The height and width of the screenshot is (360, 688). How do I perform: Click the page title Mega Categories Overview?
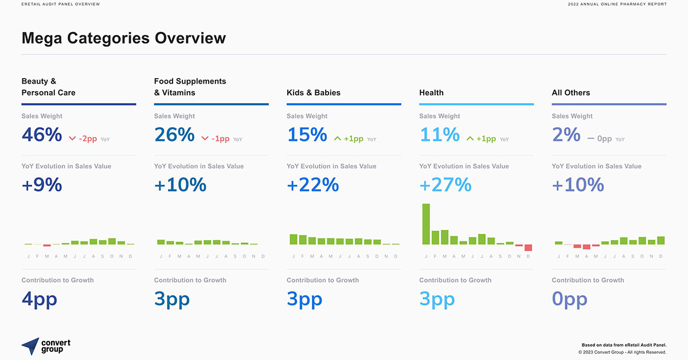tap(123, 38)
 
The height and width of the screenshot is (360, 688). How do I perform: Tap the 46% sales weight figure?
tap(42, 135)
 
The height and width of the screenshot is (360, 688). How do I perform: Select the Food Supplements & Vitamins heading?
tap(190, 87)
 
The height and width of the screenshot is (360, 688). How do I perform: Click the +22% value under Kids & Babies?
tap(312, 185)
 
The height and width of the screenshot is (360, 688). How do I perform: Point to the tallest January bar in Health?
tap(426, 224)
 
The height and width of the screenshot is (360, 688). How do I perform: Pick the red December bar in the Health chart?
tap(528, 248)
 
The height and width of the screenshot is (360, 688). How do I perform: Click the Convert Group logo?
tap(46, 346)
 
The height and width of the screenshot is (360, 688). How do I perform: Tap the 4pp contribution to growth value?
tap(39, 299)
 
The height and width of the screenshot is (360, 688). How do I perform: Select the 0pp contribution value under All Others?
tap(569, 299)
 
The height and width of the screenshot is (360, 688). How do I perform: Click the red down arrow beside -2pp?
tap(72, 139)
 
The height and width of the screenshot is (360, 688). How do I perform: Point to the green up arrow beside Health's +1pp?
tap(470, 139)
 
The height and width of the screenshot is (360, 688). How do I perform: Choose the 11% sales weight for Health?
tap(439, 135)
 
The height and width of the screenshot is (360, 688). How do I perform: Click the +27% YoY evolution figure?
tap(445, 185)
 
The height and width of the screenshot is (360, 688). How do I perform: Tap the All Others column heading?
tap(570, 92)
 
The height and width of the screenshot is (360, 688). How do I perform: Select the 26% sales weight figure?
tap(174, 135)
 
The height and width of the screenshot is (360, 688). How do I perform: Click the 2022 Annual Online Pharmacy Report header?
tap(617, 5)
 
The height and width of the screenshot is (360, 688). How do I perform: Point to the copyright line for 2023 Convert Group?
tap(622, 352)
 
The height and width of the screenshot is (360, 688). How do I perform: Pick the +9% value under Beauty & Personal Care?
tap(42, 185)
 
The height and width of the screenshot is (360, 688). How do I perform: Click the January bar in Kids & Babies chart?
tap(294, 240)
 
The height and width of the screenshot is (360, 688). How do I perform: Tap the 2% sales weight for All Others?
tap(566, 135)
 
